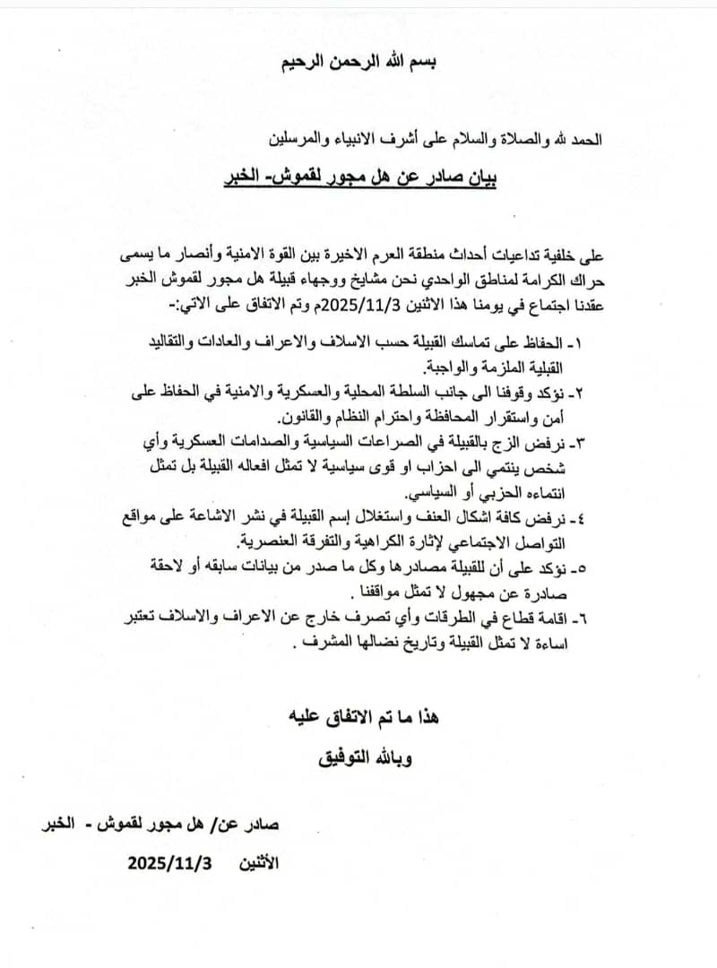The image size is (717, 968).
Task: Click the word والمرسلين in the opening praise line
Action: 302,140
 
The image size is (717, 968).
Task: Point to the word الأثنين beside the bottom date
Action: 261,864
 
